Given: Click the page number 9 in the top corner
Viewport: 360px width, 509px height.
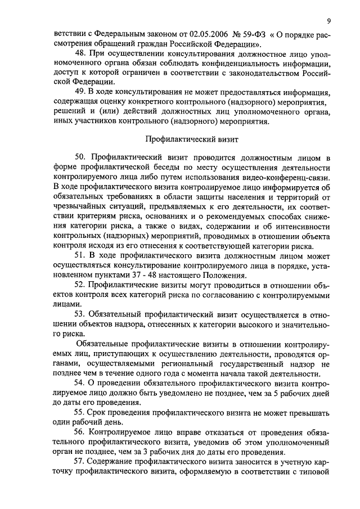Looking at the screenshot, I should point(328,21).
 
